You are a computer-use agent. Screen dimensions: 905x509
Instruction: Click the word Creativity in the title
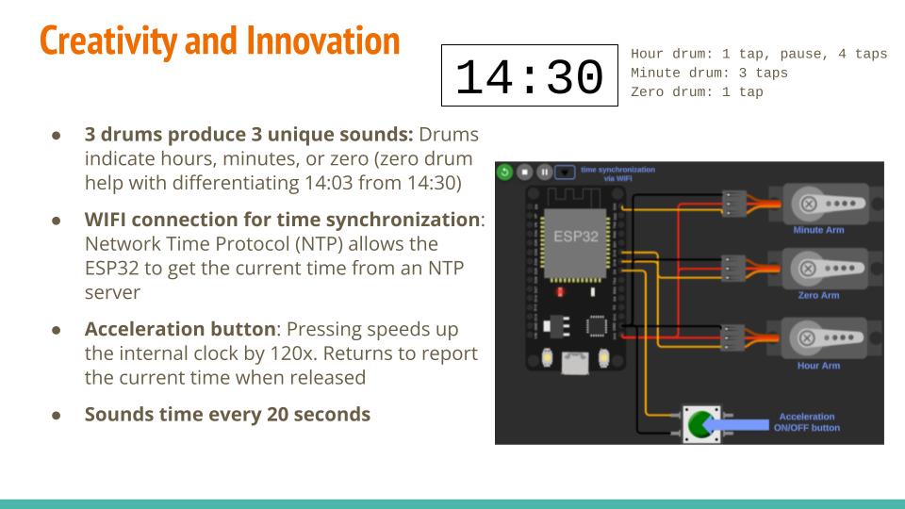(x=108, y=41)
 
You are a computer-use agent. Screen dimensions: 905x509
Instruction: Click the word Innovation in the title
(x=323, y=41)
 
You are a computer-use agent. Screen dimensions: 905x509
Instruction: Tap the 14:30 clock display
(x=529, y=75)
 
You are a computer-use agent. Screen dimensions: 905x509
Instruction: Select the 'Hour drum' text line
(x=758, y=54)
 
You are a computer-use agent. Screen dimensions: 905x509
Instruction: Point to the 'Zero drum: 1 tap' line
(x=697, y=91)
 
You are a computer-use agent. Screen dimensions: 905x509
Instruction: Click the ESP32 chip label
(x=575, y=236)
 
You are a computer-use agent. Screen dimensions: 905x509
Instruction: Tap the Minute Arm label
(x=818, y=230)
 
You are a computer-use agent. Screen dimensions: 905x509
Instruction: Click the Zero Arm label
(x=818, y=295)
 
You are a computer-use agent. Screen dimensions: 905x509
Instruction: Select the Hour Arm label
(x=818, y=366)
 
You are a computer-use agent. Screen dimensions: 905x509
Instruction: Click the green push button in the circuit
(x=701, y=425)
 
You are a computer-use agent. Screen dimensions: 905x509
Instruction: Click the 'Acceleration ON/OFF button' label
(x=806, y=422)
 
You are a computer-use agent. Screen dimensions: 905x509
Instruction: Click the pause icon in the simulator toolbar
(x=544, y=172)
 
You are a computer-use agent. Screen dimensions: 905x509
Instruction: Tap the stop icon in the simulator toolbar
(x=525, y=172)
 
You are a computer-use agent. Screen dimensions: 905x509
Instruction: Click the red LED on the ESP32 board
(x=560, y=292)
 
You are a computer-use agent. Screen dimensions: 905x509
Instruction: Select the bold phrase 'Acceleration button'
(x=180, y=328)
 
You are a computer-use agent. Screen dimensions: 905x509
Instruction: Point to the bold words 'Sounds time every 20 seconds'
(x=227, y=415)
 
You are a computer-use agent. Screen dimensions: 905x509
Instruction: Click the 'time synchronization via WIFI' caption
(x=617, y=173)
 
